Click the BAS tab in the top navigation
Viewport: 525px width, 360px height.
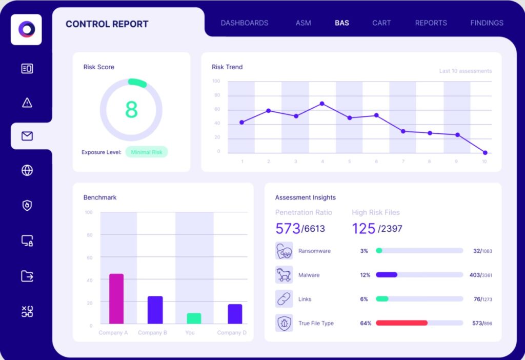pyautogui.click(x=342, y=23)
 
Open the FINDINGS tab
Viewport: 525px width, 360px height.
pyautogui.click(x=487, y=23)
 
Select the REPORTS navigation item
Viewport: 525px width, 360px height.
pyautogui.click(x=431, y=23)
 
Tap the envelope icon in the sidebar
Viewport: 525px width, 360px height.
pyautogui.click(x=27, y=136)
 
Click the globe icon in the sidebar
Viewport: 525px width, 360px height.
pyautogui.click(x=27, y=170)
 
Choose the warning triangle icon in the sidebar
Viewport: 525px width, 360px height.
pyautogui.click(x=27, y=103)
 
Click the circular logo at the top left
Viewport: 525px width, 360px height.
pyautogui.click(x=27, y=29)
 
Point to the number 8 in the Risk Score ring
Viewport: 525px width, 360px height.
pyautogui.click(x=131, y=110)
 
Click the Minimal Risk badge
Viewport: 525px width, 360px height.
pyautogui.click(x=147, y=152)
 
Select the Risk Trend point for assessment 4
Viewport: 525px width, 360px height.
pyautogui.click(x=322, y=104)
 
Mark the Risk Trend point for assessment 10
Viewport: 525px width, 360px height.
pyautogui.click(x=485, y=153)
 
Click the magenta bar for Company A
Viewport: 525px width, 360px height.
pyautogui.click(x=116, y=298)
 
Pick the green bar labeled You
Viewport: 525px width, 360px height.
pyautogui.click(x=194, y=318)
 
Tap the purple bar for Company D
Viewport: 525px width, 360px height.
pyautogui.click(x=235, y=314)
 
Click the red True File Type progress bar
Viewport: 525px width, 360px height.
pyautogui.click(x=402, y=323)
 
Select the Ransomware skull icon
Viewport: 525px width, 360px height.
pyautogui.click(x=284, y=251)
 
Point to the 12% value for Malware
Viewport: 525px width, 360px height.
pyautogui.click(x=365, y=275)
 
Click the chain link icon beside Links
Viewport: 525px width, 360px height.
pyautogui.click(x=284, y=298)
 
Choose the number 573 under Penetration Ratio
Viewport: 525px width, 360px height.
pyautogui.click(x=288, y=229)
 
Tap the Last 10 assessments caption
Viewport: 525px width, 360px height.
pyautogui.click(x=466, y=71)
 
